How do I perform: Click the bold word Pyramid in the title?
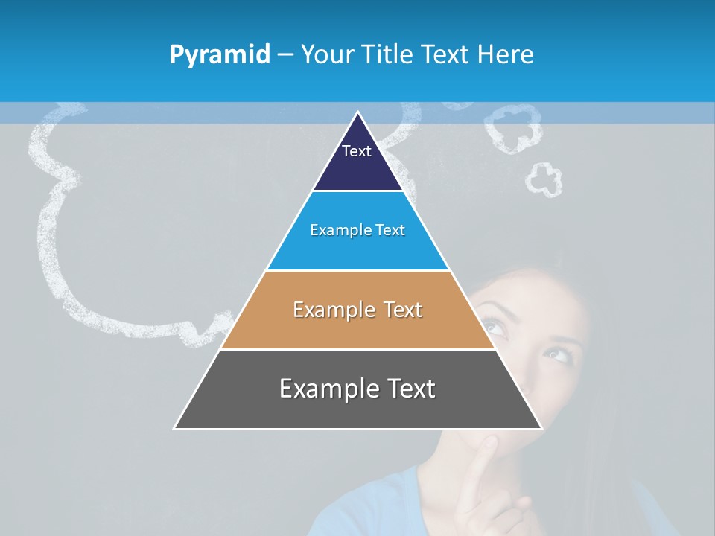[220, 55]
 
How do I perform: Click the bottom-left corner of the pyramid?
[176, 427]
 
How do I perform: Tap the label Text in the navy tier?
[357, 151]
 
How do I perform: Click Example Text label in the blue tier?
[357, 230]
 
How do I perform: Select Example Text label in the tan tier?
[357, 310]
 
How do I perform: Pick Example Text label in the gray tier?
[357, 389]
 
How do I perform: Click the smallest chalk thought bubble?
[544, 179]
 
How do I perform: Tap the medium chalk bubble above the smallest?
[513, 128]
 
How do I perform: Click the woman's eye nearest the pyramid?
[493, 325]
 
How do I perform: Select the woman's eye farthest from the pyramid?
[559, 353]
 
